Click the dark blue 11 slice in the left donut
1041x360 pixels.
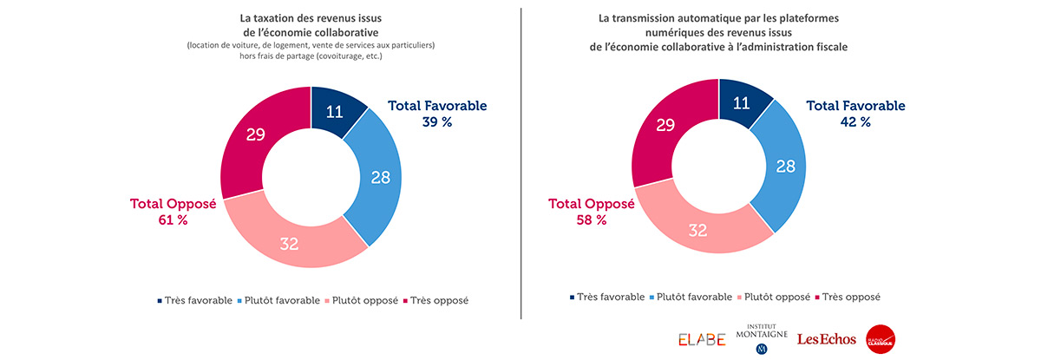333,111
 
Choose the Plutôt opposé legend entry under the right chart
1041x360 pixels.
776,297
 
